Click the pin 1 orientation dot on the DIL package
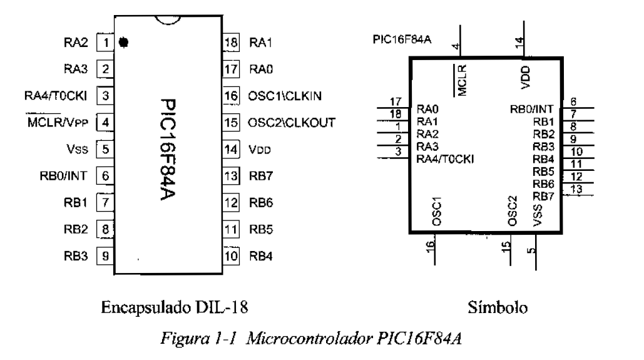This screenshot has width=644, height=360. [123, 43]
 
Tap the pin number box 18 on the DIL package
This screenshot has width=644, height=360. [231, 43]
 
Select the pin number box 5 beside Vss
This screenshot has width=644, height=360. [106, 150]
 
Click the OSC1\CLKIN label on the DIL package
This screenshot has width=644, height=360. [285, 96]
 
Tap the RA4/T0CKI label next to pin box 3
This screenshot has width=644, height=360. [61, 96]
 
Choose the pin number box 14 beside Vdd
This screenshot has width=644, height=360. [231, 150]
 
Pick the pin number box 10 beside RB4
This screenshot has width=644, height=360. [231, 255]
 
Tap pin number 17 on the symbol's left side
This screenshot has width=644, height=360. [395, 101]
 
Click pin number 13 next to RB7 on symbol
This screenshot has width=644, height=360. [577, 190]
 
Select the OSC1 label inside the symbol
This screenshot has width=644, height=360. [436, 211]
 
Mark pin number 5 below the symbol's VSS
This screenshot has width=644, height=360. [531, 250]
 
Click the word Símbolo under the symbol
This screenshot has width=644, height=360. [495, 307]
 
